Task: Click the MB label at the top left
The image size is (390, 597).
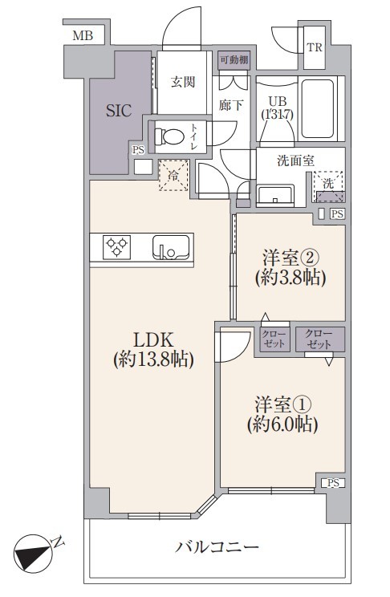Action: click(83, 36)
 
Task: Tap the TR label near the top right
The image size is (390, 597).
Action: click(315, 47)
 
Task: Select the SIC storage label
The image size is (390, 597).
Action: click(119, 111)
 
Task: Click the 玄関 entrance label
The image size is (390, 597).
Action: click(183, 82)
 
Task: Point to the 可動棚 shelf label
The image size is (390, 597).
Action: click(234, 59)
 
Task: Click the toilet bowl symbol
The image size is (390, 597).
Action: click(169, 136)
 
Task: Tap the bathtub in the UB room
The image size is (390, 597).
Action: click(318, 108)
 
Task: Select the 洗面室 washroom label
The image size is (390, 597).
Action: click(295, 160)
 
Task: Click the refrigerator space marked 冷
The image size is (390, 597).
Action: click(173, 175)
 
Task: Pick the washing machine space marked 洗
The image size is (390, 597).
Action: click(328, 186)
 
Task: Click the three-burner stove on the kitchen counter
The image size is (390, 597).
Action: click(116, 247)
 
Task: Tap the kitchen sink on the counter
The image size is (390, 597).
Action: click(171, 247)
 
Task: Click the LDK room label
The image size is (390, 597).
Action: click(153, 339)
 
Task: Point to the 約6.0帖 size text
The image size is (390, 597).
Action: click(282, 424)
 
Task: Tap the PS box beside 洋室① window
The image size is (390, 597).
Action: click(333, 483)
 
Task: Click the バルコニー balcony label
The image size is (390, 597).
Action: click(217, 547)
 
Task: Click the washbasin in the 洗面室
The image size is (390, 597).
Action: click(275, 195)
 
